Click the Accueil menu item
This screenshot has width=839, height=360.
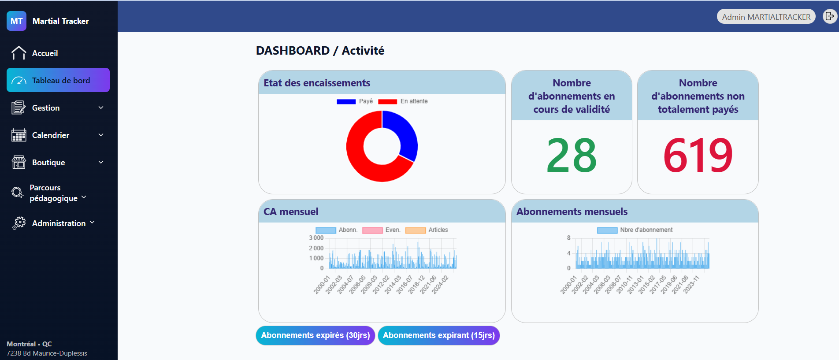click(x=45, y=53)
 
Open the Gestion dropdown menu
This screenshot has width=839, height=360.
click(x=57, y=108)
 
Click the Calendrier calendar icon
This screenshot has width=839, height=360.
click(x=19, y=135)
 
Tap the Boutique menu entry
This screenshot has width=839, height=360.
click(x=48, y=163)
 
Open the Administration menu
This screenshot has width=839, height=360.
click(x=59, y=223)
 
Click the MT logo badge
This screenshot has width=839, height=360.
click(x=16, y=21)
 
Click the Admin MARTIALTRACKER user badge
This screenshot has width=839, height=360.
click(x=766, y=17)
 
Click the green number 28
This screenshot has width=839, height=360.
click(x=572, y=156)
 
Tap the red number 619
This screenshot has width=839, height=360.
click(x=698, y=156)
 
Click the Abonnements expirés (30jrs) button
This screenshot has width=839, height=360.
click(x=316, y=335)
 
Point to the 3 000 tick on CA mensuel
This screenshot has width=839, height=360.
click(x=316, y=238)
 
